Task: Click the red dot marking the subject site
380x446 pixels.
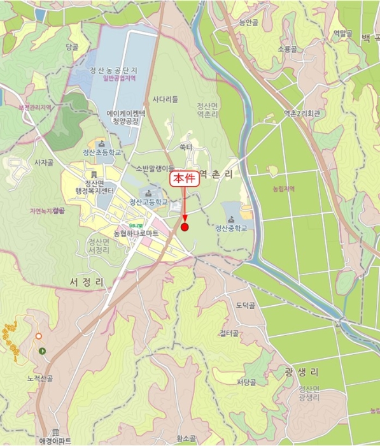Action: (x=185, y=227)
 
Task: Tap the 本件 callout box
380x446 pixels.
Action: (x=185, y=179)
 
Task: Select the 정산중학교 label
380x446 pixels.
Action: (x=230, y=228)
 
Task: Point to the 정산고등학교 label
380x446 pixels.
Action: (x=148, y=202)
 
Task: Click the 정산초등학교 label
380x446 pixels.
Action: (x=101, y=153)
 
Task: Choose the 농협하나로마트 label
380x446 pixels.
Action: (x=136, y=234)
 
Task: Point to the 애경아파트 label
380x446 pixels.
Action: (x=55, y=440)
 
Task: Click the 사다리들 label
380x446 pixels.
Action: (x=165, y=99)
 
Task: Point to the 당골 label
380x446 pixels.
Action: (x=71, y=47)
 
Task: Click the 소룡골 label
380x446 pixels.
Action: (x=287, y=48)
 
